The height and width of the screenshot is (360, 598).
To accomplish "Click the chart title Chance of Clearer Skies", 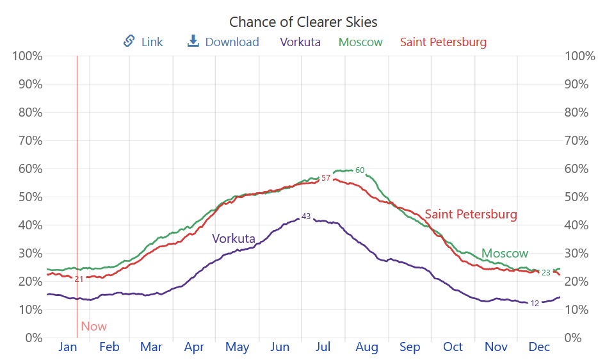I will [x=303, y=22].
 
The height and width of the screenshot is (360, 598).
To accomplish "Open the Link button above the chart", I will [x=143, y=42].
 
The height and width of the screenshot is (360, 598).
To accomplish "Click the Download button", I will [x=223, y=42].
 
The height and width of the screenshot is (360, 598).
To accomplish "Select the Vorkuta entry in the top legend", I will [x=300, y=42].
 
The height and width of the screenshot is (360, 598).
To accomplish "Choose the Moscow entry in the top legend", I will [x=360, y=42].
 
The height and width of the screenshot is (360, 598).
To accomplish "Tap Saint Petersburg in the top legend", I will [x=443, y=42].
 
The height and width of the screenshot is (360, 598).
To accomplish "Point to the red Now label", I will [x=93, y=327].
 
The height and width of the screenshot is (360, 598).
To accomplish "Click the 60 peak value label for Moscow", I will [x=360, y=170].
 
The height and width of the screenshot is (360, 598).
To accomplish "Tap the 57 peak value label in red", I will [x=326, y=178].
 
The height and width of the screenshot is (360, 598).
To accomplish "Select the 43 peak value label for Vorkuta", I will [x=306, y=217].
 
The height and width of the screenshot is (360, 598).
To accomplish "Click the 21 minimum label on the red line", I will [x=79, y=279].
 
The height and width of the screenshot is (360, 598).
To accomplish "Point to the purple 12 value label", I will [x=535, y=304].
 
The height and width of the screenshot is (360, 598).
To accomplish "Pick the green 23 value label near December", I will [x=546, y=273].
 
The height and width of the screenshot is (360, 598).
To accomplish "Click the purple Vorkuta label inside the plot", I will [x=234, y=239].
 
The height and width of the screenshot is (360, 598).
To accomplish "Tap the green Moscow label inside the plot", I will [x=505, y=254].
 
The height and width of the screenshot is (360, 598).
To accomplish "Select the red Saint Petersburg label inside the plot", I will [x=471, y=215].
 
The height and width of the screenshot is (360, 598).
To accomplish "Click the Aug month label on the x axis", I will [x=367, y=347].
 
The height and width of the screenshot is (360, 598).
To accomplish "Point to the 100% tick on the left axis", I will [x=28, y=56].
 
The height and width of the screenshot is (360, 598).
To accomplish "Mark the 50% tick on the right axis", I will [x=579, y=197].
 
